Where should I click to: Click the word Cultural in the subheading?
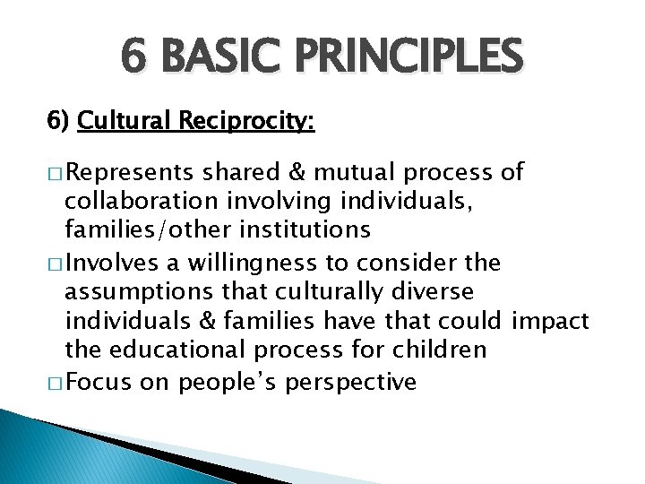point(127,120)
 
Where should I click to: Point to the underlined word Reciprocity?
point(247,121)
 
